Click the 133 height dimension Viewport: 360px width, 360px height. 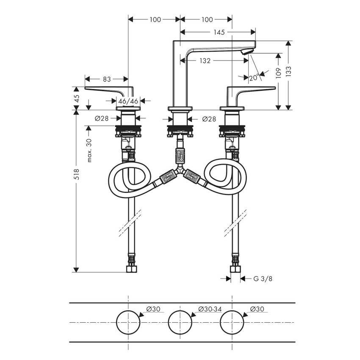coord(289,73)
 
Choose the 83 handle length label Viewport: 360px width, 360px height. coord(106,79)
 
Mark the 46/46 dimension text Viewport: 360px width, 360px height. coord(128,101)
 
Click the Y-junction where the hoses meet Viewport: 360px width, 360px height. coord(180,172)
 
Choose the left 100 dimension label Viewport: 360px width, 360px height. coord(155,19)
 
